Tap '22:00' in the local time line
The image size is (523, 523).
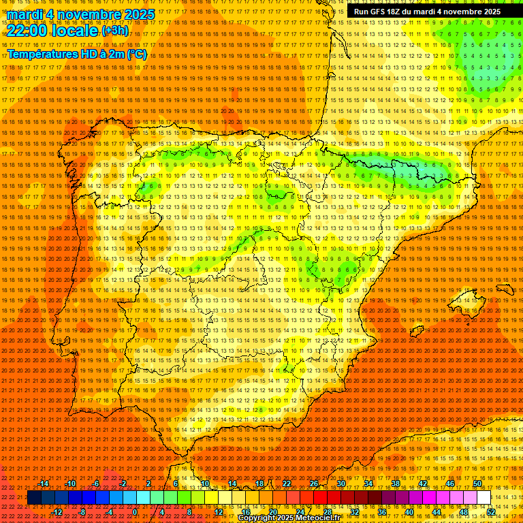click(27, 31)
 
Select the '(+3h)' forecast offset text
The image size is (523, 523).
click(114, 31)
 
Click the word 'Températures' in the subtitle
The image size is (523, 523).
click(43, 54)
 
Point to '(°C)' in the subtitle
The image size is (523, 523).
click(136, 54)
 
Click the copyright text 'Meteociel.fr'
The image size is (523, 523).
click(326, 518)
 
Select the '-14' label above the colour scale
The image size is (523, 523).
click(44, 484)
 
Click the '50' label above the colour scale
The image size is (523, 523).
click(477, 484)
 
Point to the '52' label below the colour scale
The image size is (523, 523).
click(491, 512)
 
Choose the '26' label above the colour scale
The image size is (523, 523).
click(314, 484)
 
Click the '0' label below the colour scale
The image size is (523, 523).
click(136, 512)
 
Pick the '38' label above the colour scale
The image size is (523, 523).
click(396, 484)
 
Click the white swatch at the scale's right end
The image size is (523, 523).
click(484, 498)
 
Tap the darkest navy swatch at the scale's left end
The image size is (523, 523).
click(34, 498)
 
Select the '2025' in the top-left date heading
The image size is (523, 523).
click(136, 14)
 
